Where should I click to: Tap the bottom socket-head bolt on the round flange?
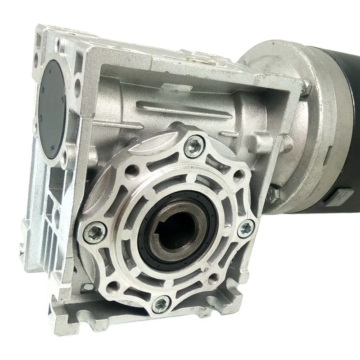[x=159, y=305]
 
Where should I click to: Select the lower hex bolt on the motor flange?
[x=273, y=194]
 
